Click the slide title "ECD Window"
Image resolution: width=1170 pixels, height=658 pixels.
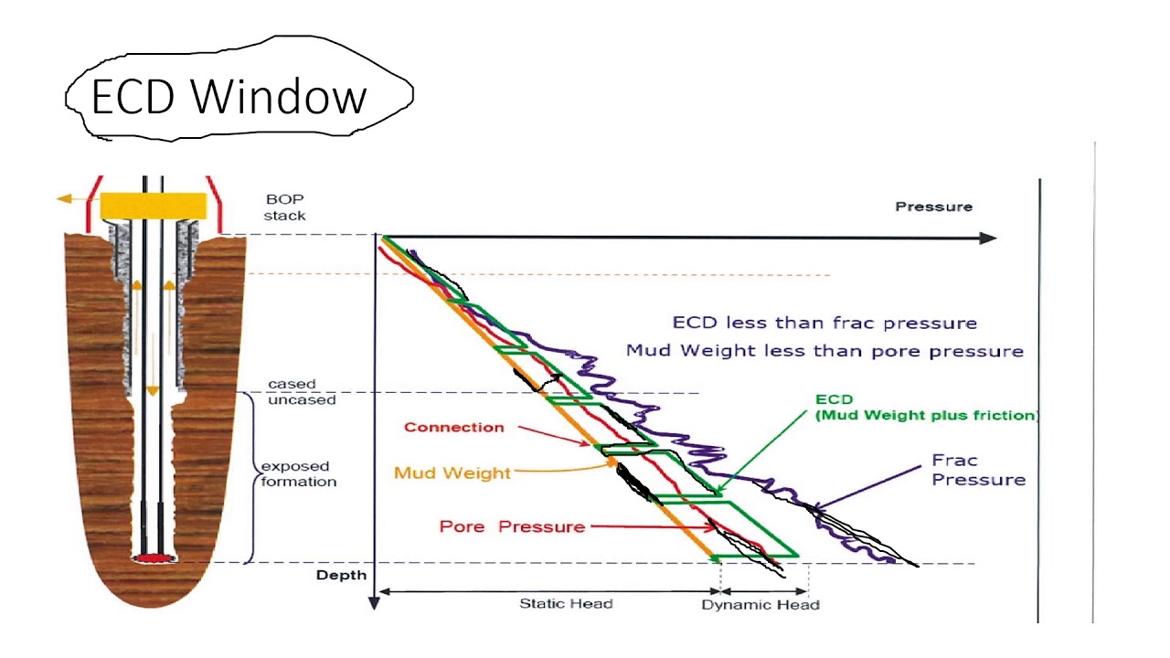(x=229, y=96)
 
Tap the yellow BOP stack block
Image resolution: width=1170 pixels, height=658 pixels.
(x=153, y=206)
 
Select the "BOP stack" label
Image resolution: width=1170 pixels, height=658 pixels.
(x=285, y=207)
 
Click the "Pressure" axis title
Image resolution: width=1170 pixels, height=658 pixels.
(x=933, y=207)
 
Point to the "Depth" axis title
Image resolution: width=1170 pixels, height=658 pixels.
(x=341, y=575)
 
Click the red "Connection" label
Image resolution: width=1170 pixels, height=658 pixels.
(x=453, y=427)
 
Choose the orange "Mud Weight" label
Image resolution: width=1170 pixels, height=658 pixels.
(x=452, y=472)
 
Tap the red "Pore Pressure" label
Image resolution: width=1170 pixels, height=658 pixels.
(x=512, y=526)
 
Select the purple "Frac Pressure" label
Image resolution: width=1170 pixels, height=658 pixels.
(x=978, y=470)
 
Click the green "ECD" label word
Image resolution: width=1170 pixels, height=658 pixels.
(x=834, y=399)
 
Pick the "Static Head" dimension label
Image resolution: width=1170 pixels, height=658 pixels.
(x=566, y=604)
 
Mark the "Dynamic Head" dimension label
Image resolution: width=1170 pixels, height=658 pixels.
(x=760, y=605)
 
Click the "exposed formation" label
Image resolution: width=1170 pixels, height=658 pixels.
(x=298, y=473)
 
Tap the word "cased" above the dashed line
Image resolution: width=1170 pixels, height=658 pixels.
(x=292, y=385)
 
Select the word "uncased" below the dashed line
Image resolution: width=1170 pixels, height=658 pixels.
(x=302, y=400)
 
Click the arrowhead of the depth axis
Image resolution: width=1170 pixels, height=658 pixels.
(x=373, y=602)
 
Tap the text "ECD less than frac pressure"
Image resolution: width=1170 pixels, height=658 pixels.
(x=824, y=323)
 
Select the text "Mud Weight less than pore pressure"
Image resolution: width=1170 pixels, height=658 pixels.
(x=824, y=351)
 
